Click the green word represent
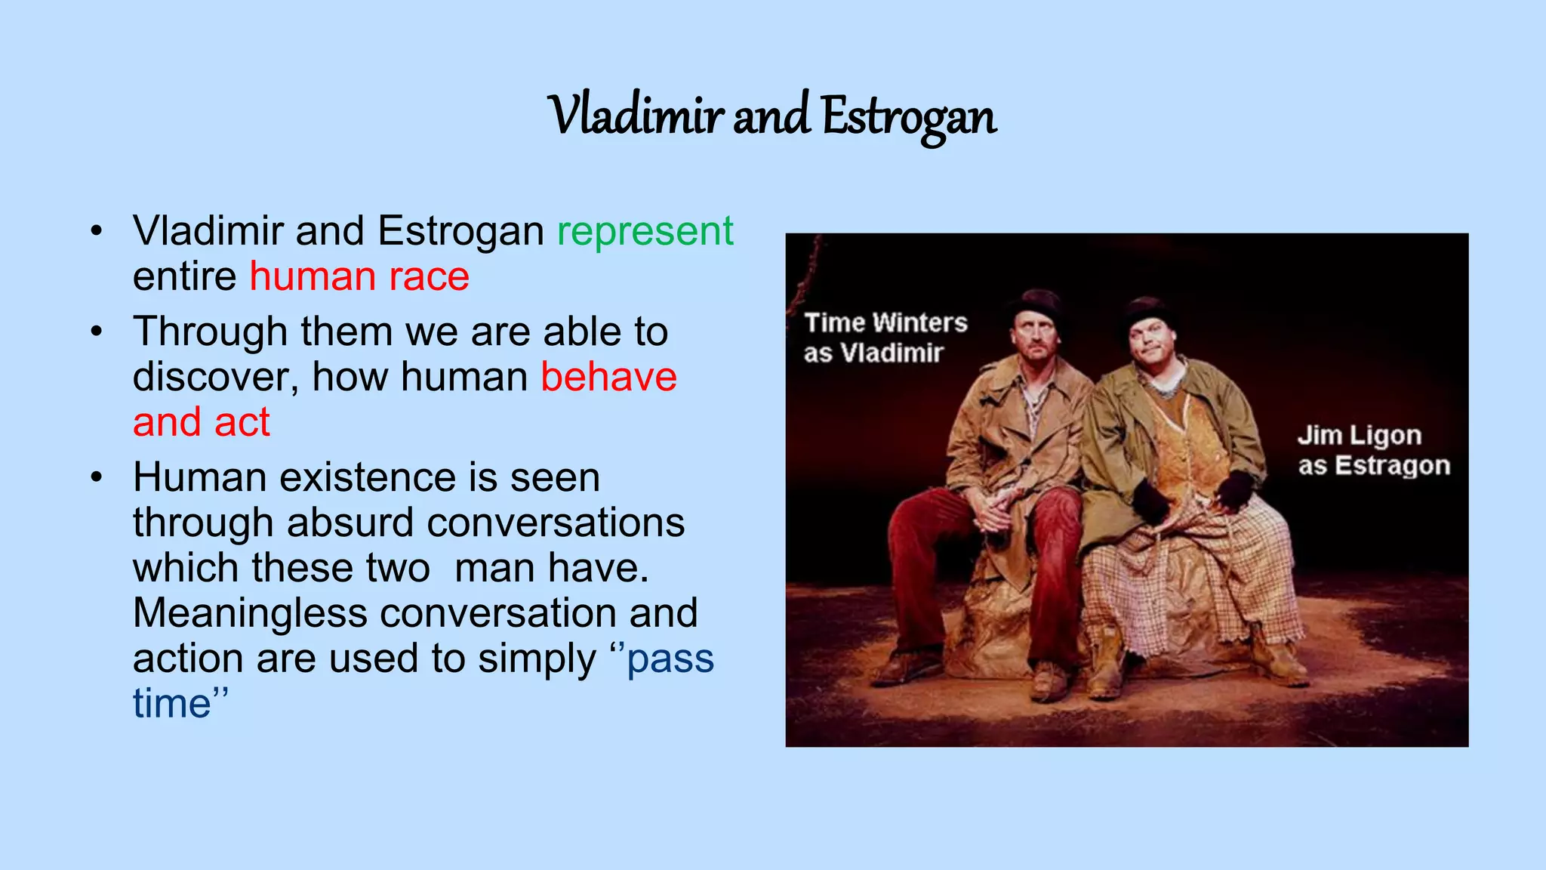645,231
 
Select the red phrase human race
359,276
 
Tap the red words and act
201,422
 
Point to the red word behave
608,377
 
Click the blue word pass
670,659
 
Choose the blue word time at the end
171,704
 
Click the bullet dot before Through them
95,332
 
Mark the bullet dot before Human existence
95,478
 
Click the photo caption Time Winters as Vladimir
885,338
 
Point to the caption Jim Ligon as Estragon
1373,451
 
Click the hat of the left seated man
1037,304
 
